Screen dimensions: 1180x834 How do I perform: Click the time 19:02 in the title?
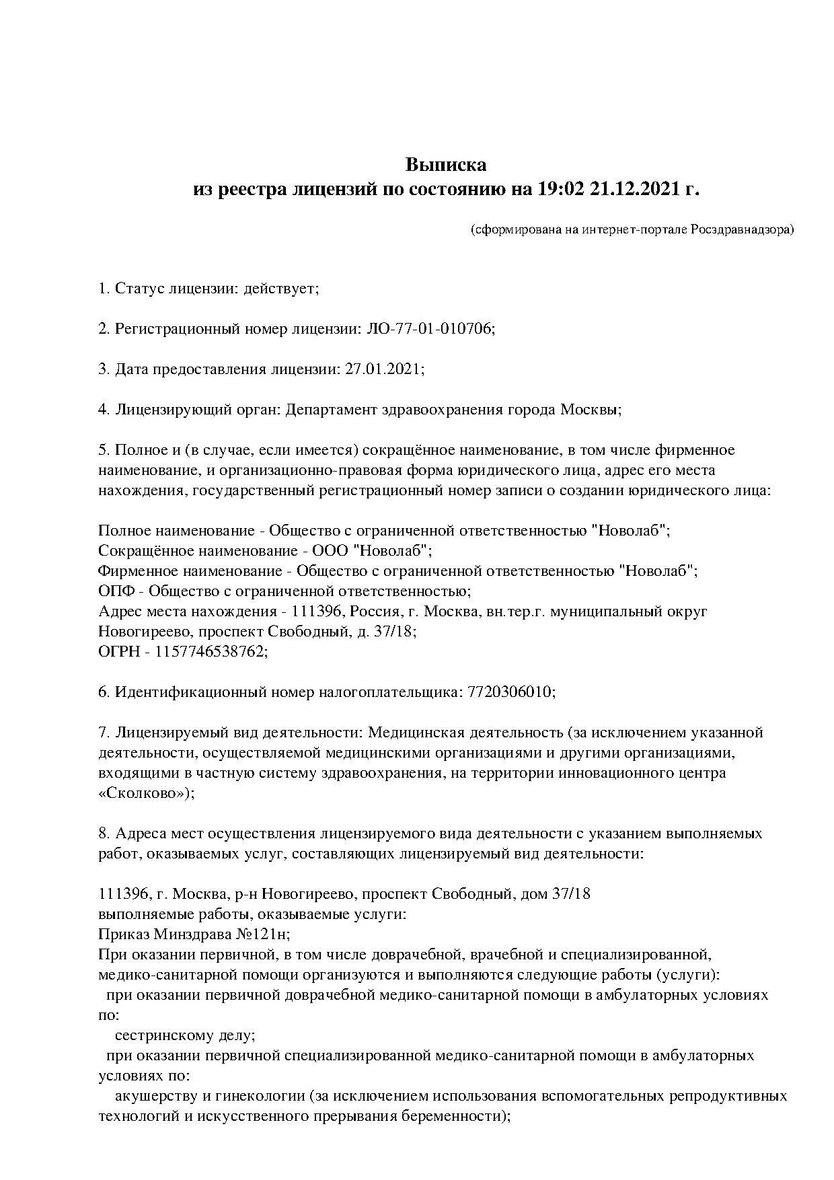[x=560, y=190]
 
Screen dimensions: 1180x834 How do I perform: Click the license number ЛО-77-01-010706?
[x=428, y=329]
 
